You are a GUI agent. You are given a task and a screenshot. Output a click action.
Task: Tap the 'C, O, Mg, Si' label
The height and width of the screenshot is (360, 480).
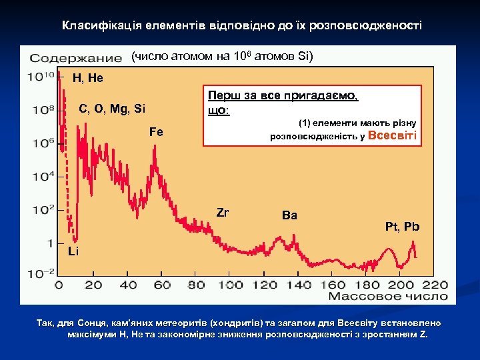pyautogui.click(x=112, y=108)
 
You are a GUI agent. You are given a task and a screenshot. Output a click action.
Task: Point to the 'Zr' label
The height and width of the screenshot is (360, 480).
pyautogui.click(x=223, y=213)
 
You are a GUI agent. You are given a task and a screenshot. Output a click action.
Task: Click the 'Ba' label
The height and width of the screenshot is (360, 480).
pyautogui.click(x=290, y=215)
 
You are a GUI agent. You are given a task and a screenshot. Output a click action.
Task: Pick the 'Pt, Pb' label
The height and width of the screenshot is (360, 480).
pyautogui.click(x=403, y=227)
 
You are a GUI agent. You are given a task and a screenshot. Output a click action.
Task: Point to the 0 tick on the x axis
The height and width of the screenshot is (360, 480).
pyautogui.click(x=58, y=285)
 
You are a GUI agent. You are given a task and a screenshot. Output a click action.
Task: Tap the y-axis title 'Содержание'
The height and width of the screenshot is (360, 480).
pyautogui.click(x=75, y=58)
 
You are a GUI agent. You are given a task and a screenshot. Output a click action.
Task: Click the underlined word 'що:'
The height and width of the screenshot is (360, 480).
pyautogui.click(x=219, y=110)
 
